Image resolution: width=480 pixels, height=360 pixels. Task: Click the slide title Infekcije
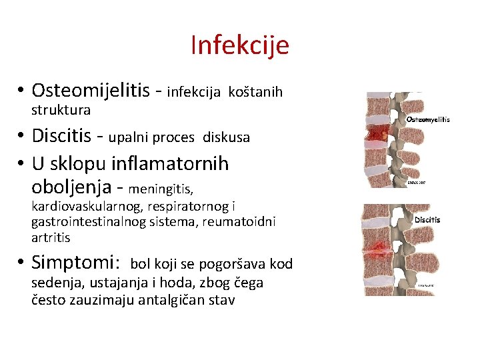click(x=239, y=45)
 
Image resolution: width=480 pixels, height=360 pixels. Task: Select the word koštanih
click(x=255, y=91)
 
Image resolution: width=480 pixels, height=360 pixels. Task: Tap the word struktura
click(x=61, y=109)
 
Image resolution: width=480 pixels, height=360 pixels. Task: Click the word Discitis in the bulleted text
click(x=61, y=136)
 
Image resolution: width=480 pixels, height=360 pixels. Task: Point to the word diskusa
click(x=226, y=138)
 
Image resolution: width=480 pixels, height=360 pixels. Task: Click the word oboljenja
click(x=71, y=187)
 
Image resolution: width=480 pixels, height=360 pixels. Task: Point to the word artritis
click(x=51, y=237)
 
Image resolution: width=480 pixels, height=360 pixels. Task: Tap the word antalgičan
click(x=173, y=299)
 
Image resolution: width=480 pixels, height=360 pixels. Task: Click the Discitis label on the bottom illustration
click(x=427, y=219)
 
